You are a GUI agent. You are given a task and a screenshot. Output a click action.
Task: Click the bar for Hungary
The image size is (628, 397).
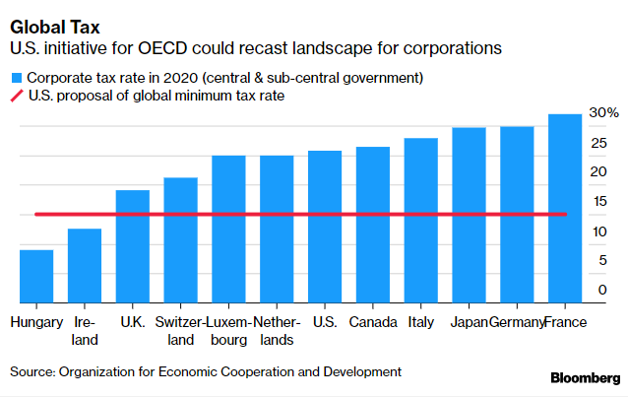pyautogui.click(x=36, y=277)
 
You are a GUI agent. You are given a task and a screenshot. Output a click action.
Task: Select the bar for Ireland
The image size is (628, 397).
pyautogui.click(x=85, y=266)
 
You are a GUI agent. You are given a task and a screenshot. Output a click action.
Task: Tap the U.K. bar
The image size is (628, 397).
pyautogui.click(x=133, y=246)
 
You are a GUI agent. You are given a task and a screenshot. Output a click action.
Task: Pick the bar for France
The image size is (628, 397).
pyautogui.click(x=566, y=209)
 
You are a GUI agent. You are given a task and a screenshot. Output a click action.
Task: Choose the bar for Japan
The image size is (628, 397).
pyautogui.click(x=470, y=215)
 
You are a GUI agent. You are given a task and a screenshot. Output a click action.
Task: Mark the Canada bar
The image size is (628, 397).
pyautogui.click(x=373, y=225)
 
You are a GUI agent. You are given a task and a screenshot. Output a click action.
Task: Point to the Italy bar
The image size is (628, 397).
pyautogui.click(x=421, y=221)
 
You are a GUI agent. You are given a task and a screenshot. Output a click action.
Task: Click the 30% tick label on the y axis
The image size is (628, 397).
pyautogui.click(x=603, y=112)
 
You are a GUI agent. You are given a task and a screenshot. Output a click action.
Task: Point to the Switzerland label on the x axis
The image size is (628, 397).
pyautogui.click(x=180, y=331)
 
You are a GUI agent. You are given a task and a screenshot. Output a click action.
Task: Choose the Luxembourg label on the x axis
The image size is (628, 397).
pyautogui.click(x=228, y=331)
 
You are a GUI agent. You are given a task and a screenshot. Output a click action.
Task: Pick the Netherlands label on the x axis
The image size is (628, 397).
pyautogui.click(x=277, y=331)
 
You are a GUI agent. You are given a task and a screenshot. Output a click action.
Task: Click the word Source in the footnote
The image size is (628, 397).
pyautogui.click(x=31, y=371)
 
